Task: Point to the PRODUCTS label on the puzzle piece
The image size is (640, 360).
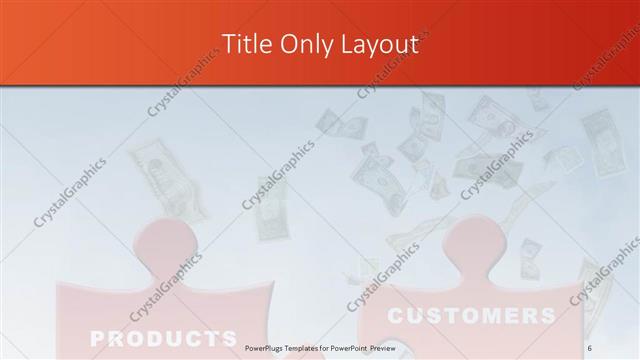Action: (x=162, y=336)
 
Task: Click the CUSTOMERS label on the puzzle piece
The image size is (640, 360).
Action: (x=471, y=317)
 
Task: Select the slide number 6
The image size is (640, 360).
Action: (x=589, y=345)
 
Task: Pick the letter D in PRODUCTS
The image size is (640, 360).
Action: (x=152, y=336)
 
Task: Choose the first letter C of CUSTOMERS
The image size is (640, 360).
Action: (x=396, y=317)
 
